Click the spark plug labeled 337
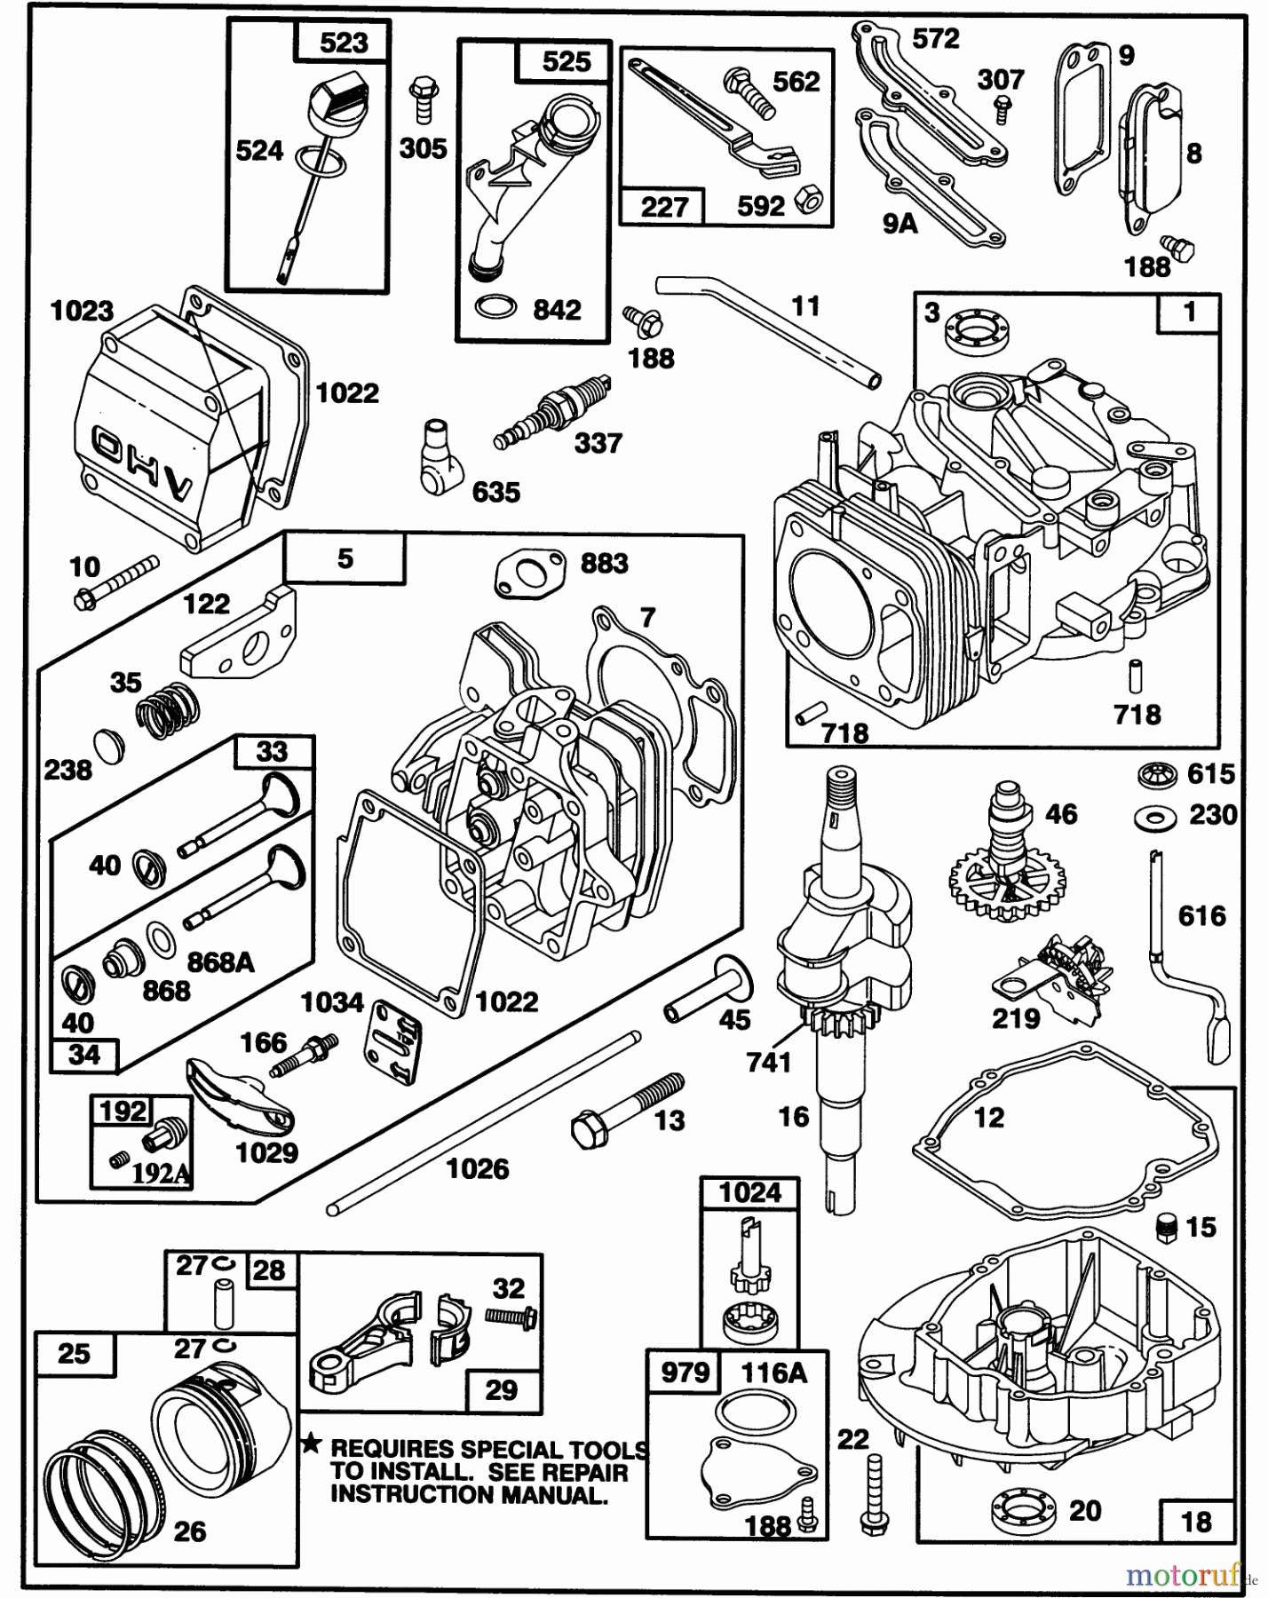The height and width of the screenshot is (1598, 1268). (x=552, y=413)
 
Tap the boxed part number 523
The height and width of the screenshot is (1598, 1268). (x=344, y=42)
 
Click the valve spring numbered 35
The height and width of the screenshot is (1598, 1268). (x=167, y=709)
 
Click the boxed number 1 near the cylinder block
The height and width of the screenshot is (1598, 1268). (x=1188, y=313)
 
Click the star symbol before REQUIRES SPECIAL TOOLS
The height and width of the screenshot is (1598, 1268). (x=310, y=1444)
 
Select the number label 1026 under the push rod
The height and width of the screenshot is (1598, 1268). (x=477, y=1169)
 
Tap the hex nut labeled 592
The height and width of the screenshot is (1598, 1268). (x=808, y=202)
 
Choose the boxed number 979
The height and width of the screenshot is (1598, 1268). (x=686, y=1373)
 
